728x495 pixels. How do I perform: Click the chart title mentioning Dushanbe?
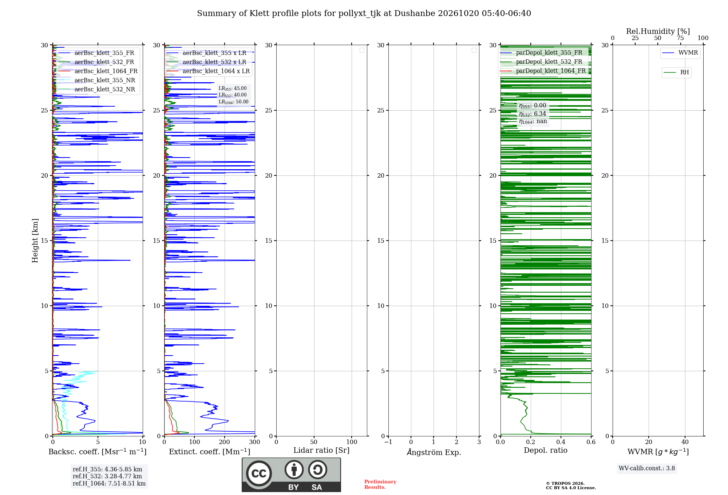click(x=364, y=13)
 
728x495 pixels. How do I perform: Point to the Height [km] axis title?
click(x=35, y=241)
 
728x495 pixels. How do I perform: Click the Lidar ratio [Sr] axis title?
click(x=321, y=450)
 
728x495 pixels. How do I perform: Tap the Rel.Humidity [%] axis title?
click(x=658, y=31)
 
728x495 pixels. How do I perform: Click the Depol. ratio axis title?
click(x=546, y=450)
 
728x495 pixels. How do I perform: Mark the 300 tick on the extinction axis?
click(x=255, y=442)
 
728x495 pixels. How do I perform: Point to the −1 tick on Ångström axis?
click(x=388, y=442)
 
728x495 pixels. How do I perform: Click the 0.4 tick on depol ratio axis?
click(x=561, y=442)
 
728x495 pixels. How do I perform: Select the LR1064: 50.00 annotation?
click(x=233, y=102)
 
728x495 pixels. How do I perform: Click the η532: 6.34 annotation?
click(x=533, y=114)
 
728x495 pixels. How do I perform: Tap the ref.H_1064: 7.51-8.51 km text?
click(x=109, y=483)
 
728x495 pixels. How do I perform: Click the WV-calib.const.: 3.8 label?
click(x=647, y=468)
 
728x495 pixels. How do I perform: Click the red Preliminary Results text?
click(x=380, y=484)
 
